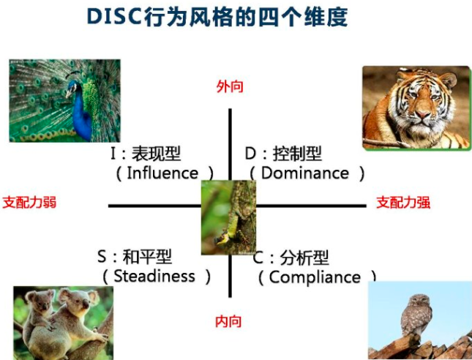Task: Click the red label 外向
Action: [230, 86]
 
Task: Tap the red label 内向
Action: [228, 321]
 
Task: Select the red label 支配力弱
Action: [29, 202]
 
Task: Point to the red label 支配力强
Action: [403, 202]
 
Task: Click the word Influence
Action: [162, 173]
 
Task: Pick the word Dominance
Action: [305, 173]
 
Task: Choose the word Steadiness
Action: [154, 277]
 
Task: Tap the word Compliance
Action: [315, 277]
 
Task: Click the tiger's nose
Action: [423, 115]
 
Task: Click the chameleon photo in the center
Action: [228, 217]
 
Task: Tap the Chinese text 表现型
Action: [156, 154]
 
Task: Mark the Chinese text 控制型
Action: [297, 154]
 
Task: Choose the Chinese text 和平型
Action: [147, 257]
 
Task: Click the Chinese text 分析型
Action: [304, 258]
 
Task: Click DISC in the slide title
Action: [114, 16]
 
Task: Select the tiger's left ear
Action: [403, 75]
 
